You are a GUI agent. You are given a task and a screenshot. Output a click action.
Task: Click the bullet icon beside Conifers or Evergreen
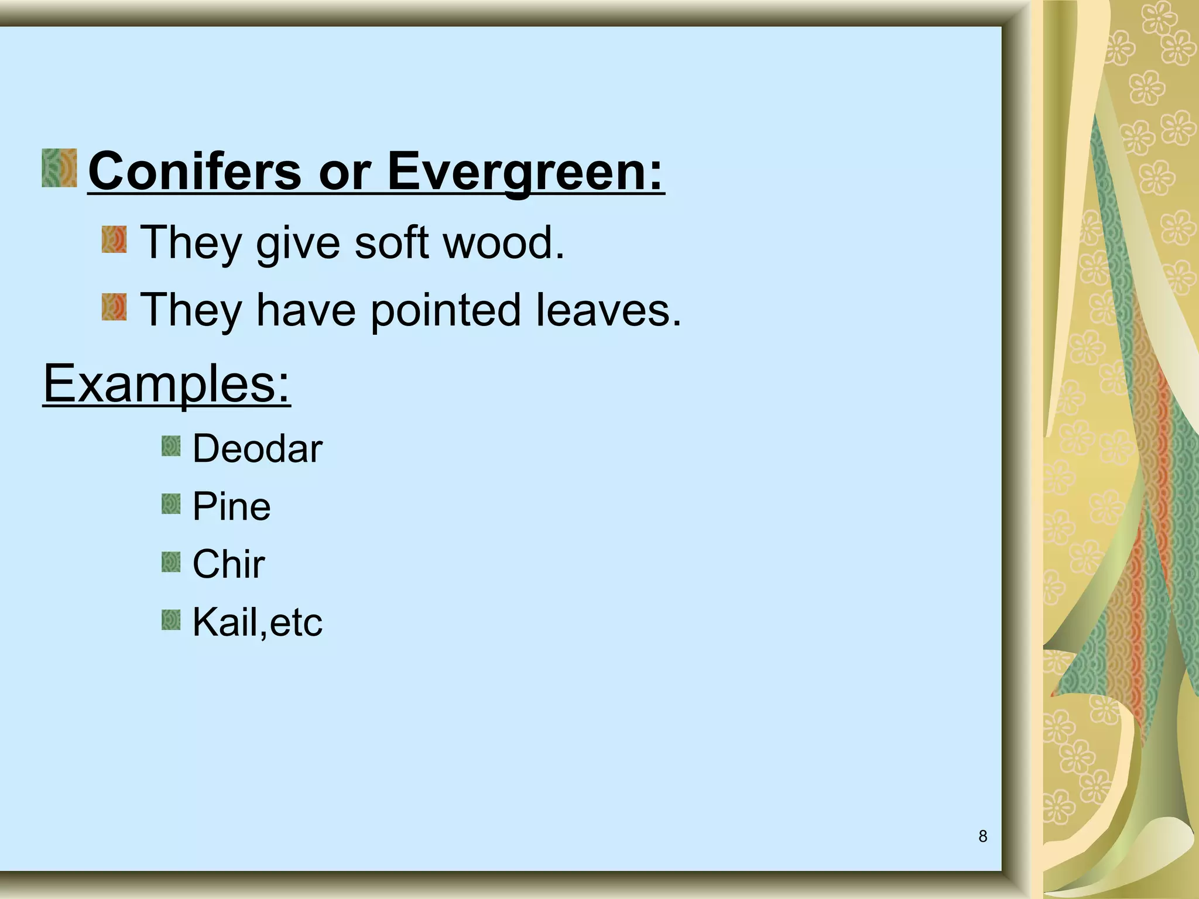coord(60,168)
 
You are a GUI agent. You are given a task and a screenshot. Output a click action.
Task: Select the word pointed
coord(446,310)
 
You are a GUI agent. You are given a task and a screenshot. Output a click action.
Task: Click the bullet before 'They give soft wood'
coord(114,241)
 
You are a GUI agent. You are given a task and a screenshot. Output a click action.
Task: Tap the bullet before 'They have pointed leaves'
coord(114,308)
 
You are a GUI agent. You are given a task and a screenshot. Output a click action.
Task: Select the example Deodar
coord(257,448)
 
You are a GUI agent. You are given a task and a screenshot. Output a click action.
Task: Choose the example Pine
coord(231,506)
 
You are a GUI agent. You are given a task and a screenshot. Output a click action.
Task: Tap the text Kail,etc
coord(257,622)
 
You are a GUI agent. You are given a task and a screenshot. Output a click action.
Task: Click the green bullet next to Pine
coord(171,504)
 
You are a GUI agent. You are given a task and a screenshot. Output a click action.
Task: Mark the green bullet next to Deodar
coord(171,446)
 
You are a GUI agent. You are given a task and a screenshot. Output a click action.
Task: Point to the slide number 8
coord(983,836)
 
